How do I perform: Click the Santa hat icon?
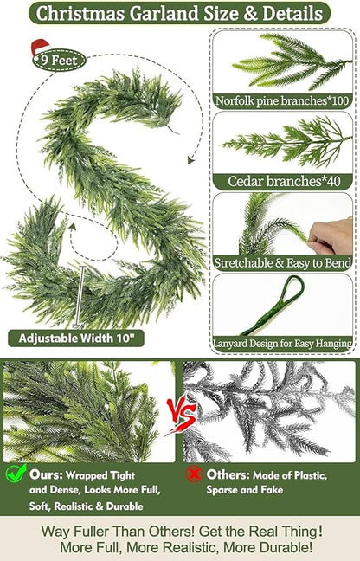[40, 48]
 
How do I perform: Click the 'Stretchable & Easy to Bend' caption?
[283, 260]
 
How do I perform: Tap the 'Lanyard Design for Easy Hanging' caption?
[283, 343]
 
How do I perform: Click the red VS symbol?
[180, 409]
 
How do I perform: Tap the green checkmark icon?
[16, 474]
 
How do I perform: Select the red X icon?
[195, 474]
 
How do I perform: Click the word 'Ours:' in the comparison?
[44, 474]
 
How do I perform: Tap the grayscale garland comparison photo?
[269, 411]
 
